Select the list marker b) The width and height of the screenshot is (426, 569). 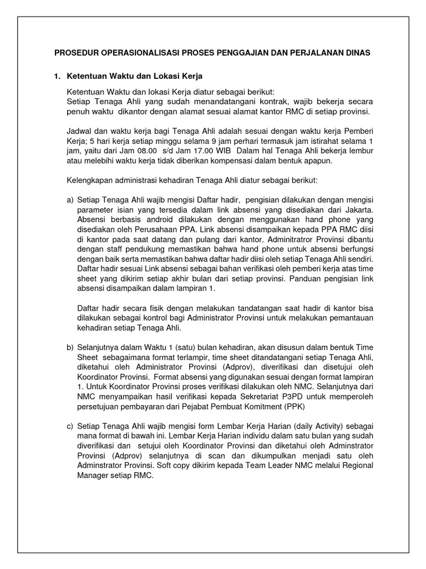pyautogui.click(x=70, y=347)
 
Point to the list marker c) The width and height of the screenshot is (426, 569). pyautogui.click(x=70, y=426)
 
